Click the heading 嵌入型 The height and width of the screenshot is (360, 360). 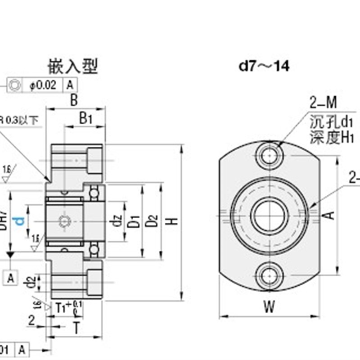(x=72, y=67)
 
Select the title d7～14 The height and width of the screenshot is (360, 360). (x=264, y=67)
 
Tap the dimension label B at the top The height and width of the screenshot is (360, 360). (x=74, y=100)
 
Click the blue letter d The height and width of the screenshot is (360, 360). (x=19, y=220)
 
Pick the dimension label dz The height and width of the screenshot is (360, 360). (x=118, y=221)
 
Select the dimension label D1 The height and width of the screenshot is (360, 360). (x=134, y=221)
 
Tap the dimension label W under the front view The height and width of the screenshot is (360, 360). (x=269, y=307)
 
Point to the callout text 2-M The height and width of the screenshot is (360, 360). (x=323, y=104)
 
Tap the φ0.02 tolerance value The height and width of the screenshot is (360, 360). (x=44, y=85)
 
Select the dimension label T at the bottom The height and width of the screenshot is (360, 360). (x=76, y=328)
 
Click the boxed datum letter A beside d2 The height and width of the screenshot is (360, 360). (x=11, y=278)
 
